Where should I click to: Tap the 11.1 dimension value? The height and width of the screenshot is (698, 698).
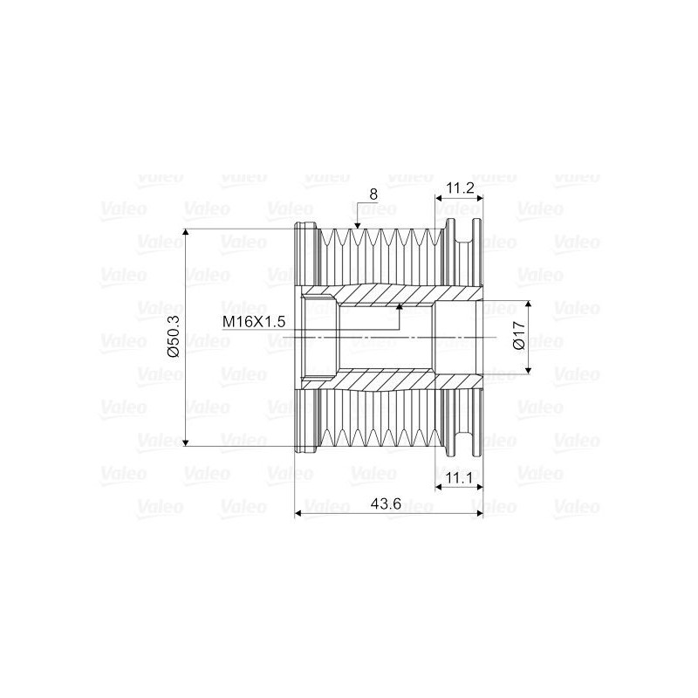(x=458, y=478)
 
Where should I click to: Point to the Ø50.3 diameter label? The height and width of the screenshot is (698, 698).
(x=173, y=337)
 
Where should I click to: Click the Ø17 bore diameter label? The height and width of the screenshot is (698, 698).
(x=519, y=337)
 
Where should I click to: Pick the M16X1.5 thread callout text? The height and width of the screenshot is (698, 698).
(x=254, y=322)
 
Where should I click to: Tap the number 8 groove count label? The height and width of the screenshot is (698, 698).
(x=373, y=195)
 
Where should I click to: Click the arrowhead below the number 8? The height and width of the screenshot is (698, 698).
(x=356, y=225)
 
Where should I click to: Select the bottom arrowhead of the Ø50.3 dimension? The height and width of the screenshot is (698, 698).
(x=186, y=442)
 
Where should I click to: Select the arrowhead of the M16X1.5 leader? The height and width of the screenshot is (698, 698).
(x=400, y=307)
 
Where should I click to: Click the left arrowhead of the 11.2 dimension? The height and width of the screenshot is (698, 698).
(x=439, y=200)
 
